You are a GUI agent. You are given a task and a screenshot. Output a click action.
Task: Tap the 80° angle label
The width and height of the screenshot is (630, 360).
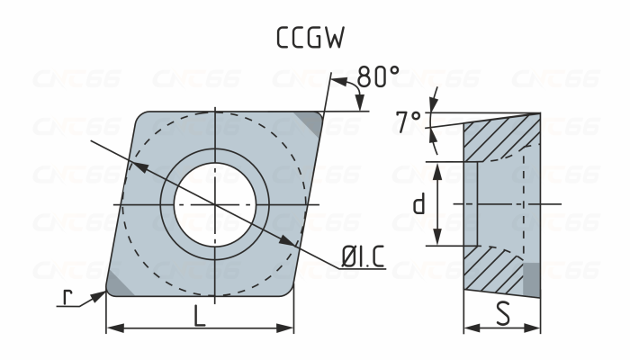click(x=378, y=78)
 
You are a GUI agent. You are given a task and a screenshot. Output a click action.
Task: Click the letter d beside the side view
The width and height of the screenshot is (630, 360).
click(x=418, y=205)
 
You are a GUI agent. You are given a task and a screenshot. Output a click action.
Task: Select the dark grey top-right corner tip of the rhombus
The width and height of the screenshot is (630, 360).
click(x=310, y=123)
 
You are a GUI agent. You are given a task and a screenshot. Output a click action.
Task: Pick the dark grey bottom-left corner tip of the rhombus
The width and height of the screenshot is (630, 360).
click(x=118, y=283)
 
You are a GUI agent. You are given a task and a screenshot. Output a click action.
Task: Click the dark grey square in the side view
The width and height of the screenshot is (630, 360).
click(x=531, y=280)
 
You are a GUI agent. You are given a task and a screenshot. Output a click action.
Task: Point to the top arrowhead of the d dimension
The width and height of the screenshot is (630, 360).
click(x=437, y=168)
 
